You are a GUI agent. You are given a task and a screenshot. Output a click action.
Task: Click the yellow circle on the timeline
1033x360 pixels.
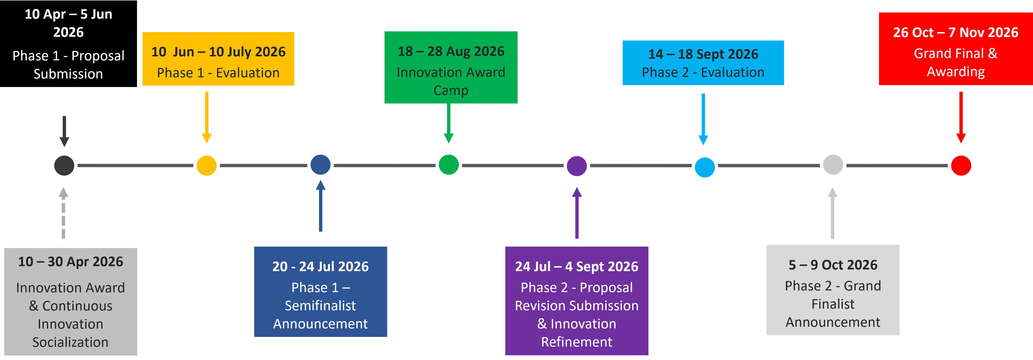(207, 166)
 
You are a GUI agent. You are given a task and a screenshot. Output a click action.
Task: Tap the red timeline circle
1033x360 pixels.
(961, 166)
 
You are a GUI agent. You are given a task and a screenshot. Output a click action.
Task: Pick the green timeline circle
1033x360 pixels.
(449, 164)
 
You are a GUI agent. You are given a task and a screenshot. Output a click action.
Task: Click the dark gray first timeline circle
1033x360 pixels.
(64, 166)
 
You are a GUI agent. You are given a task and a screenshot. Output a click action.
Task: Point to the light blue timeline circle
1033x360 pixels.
(705, 167)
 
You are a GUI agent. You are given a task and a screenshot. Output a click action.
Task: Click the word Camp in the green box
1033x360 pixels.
(451, 91)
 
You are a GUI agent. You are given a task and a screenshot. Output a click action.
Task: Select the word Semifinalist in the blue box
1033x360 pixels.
(320, 306)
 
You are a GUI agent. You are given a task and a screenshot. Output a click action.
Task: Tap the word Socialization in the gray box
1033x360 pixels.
(71, 342)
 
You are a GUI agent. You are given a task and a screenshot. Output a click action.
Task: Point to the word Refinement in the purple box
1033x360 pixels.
(577, 342)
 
